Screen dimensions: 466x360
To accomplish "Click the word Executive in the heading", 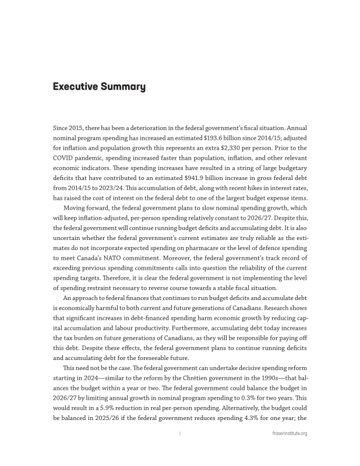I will coord(72,87).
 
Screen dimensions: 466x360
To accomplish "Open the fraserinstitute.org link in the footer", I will coord(290,434).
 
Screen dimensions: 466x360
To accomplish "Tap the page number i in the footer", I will coord(180,434).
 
